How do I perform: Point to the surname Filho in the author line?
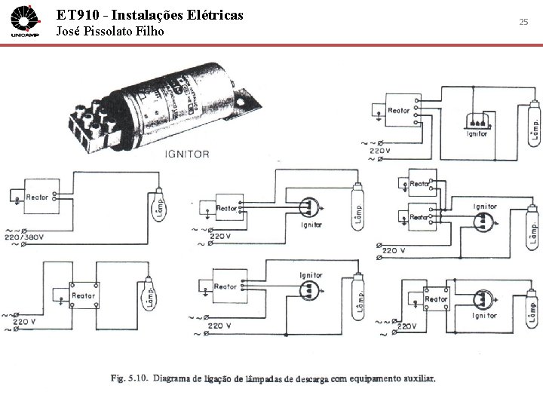[148, 32]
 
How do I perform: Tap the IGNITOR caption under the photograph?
[187, 154]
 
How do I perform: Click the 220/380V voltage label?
[25, 237]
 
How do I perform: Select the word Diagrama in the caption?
[176, 378]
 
